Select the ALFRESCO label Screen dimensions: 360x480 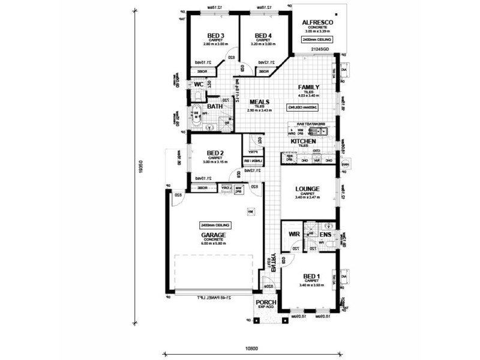[318, 22]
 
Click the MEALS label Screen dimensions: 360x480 [259, 102]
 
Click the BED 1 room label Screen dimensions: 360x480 [310, 276]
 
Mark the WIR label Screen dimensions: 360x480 [293, 234]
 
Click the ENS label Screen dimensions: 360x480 [326, 235]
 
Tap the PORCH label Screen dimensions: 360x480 [265, 302]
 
